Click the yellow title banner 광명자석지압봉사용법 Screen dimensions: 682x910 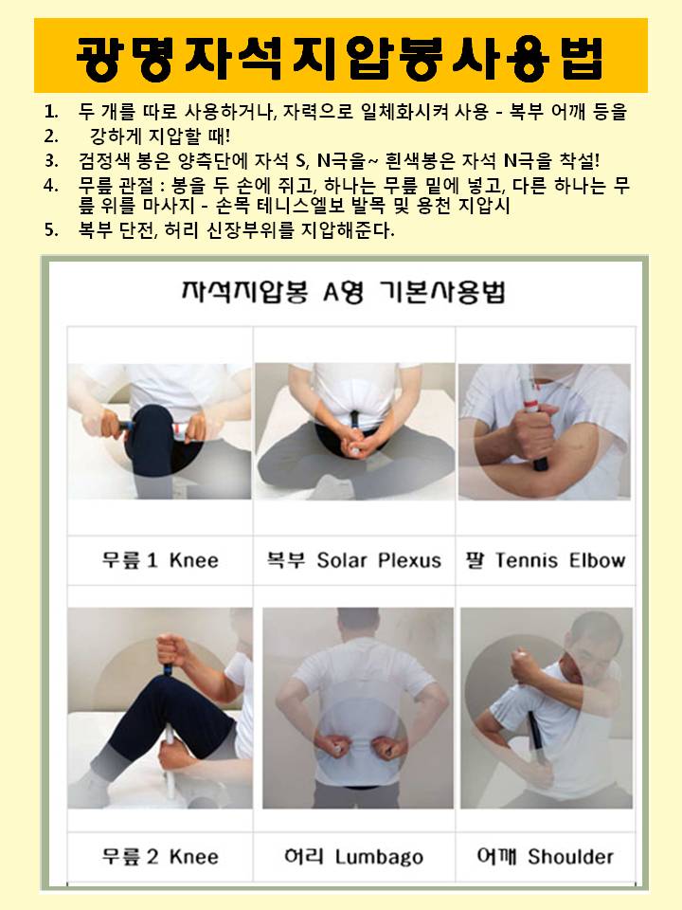341,56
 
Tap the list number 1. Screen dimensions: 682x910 51,111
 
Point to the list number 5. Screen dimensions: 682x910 51,229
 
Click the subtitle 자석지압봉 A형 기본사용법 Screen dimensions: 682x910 343,292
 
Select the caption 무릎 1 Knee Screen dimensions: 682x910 160,560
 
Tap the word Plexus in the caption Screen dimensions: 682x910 409,560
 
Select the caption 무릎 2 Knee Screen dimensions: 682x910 160,857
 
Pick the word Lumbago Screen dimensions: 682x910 379,857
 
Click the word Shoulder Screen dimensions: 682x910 570,857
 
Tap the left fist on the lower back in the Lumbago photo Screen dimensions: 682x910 332,746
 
